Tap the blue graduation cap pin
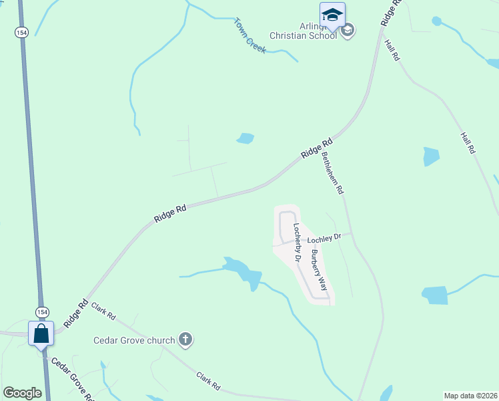point(332,13)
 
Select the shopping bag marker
point(41,333)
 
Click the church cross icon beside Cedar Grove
point(185,340)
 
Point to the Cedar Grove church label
point(133,340)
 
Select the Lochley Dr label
point(324,237)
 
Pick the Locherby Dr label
point(298,241)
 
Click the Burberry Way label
point(318,271)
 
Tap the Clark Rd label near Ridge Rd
point(103,311)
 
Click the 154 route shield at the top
point(22,33)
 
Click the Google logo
point(22,393)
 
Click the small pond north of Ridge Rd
point(245,138)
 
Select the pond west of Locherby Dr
point(244,273)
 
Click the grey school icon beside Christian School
point(348,30)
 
